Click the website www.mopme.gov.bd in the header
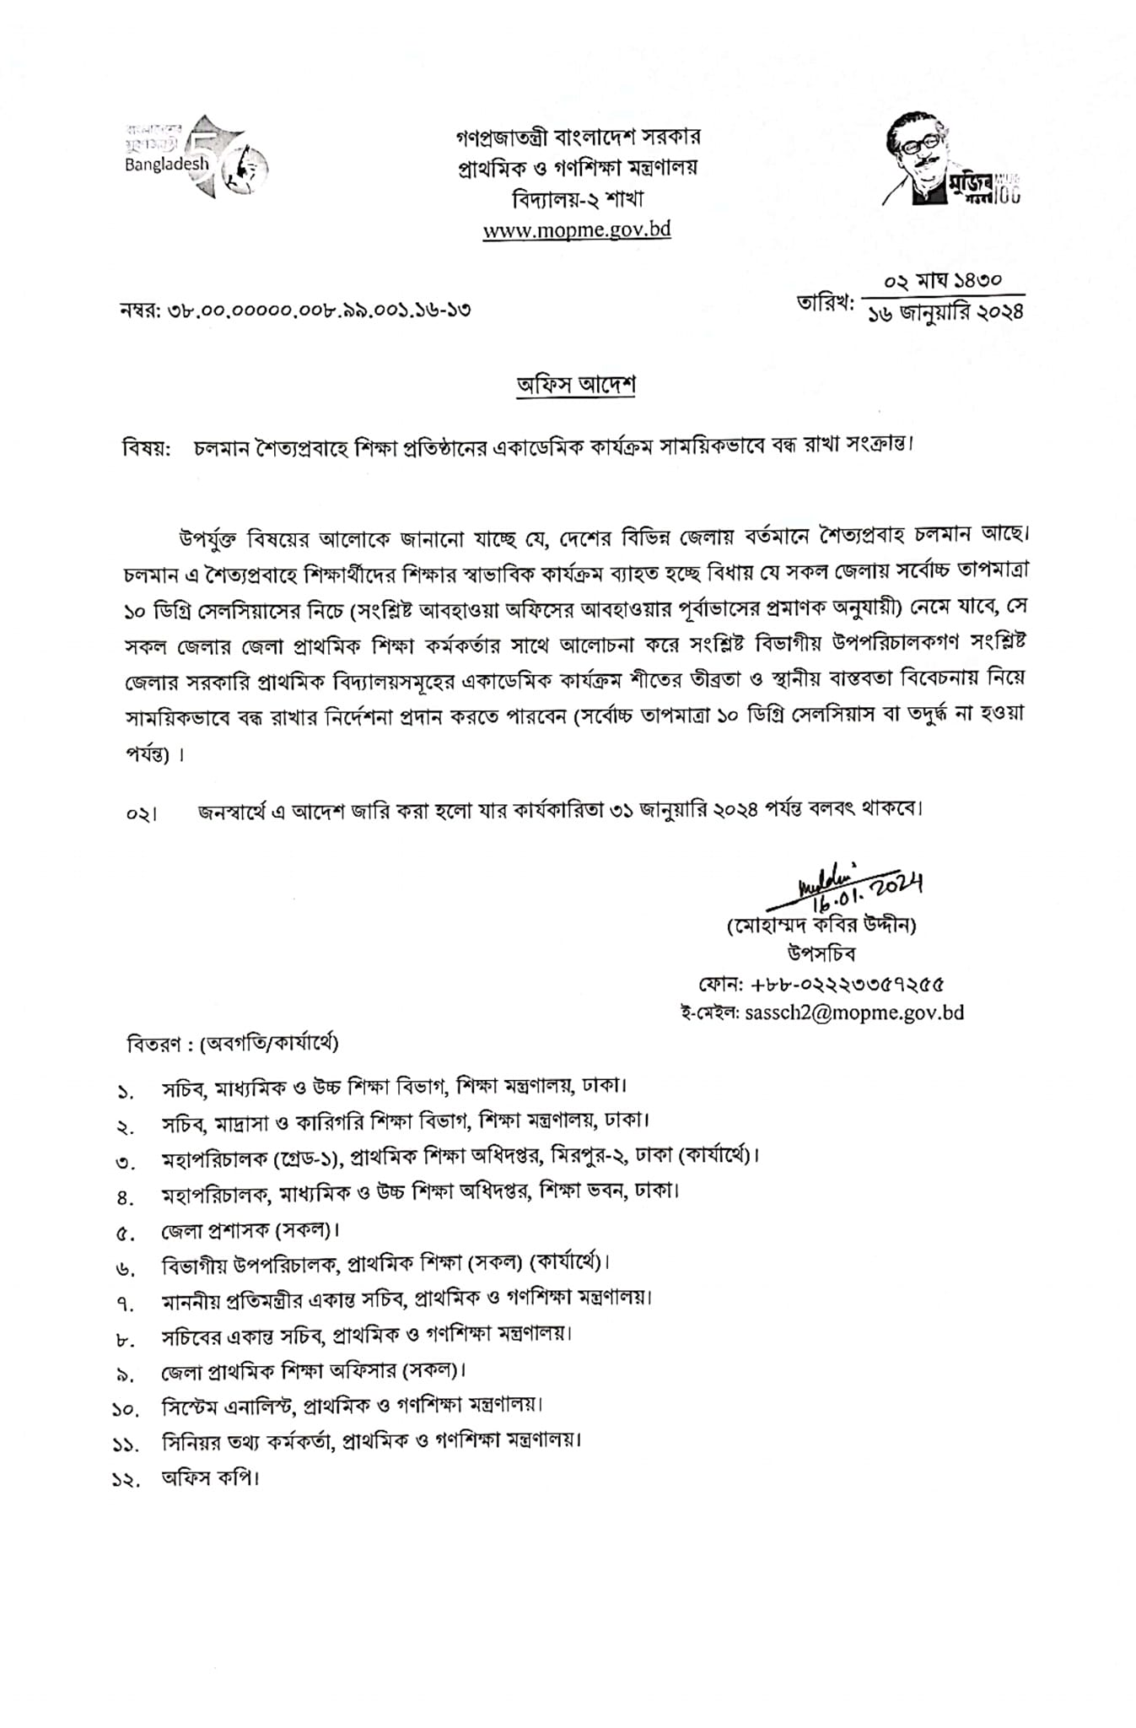(x=577, y=230)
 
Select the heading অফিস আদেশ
(x=576, y=385)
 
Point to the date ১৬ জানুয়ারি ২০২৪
(x=945, y=312)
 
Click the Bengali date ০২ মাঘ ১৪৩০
(x=942, y=280)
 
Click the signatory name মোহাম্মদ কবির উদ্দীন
(x=821, y=925)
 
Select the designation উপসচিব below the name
(x=821, y=954)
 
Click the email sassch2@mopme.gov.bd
(x=854, y=1012)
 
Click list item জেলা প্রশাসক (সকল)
(x=250, y=1230)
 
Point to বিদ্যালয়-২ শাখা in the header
(x=578, y=199)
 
